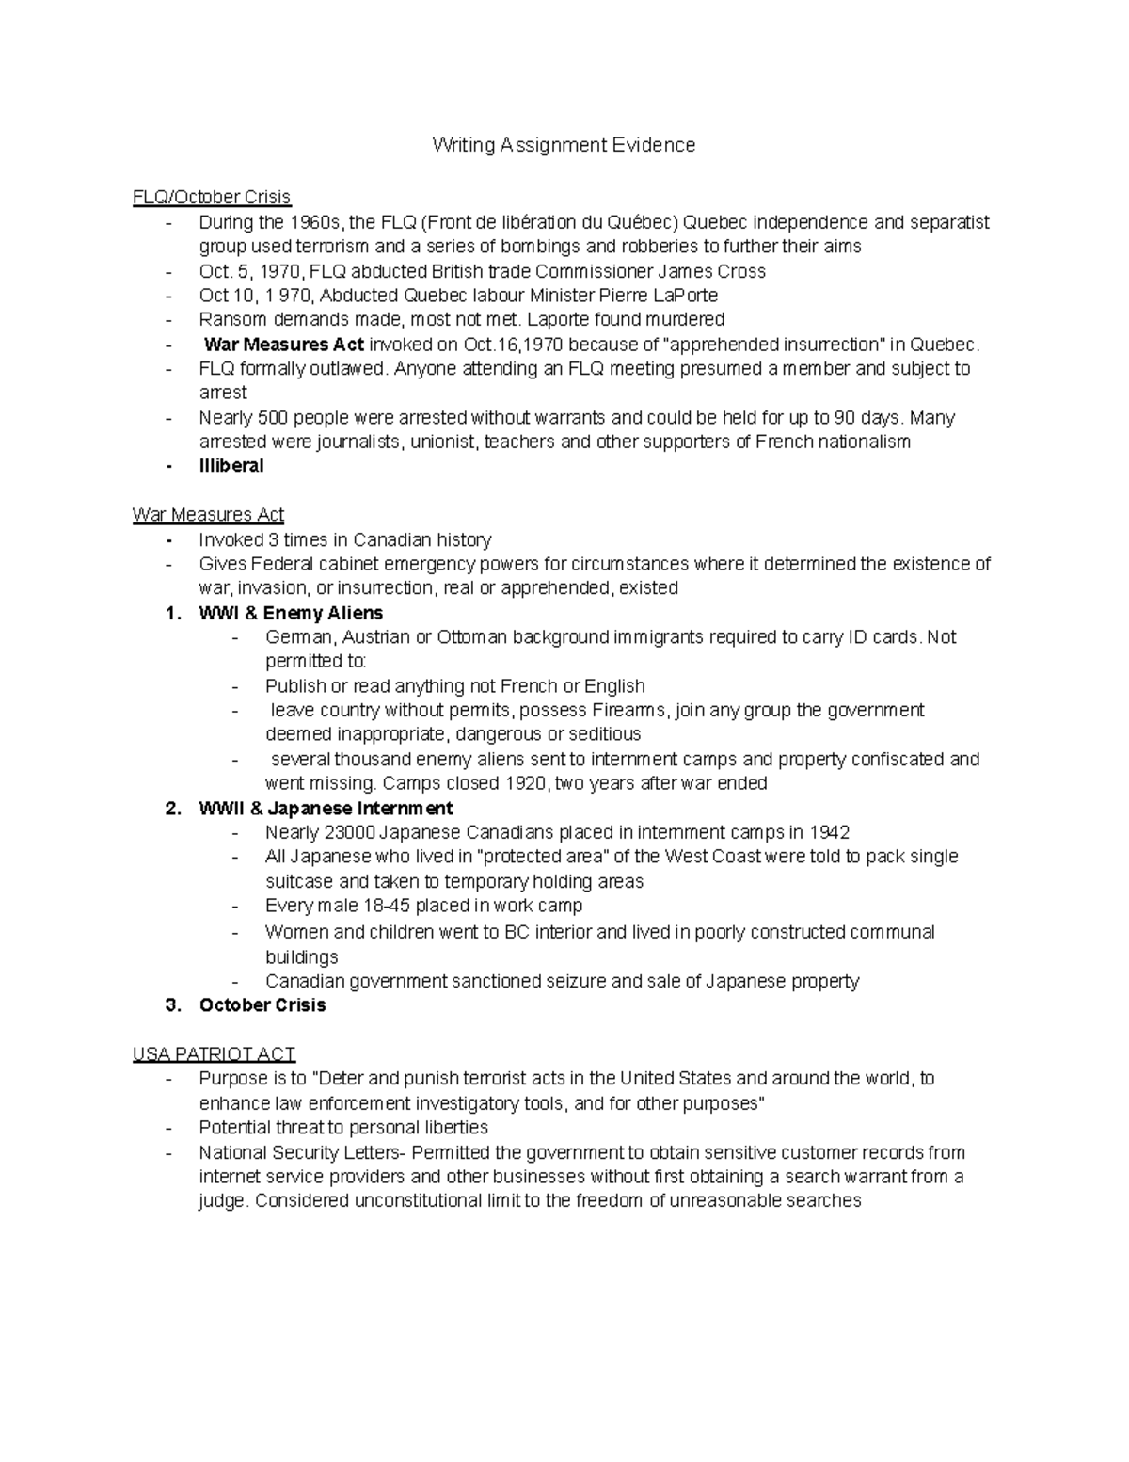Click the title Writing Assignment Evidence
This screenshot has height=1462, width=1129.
[564, 145]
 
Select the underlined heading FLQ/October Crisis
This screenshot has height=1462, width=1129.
[212, 197]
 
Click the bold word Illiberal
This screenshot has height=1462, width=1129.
[231, 466]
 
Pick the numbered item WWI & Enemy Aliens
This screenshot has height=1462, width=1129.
[291, 614]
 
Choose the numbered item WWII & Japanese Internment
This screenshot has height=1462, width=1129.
[326, 809]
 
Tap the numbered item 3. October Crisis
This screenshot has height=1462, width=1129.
[262, 1005]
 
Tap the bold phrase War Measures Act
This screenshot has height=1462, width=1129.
[283, 345]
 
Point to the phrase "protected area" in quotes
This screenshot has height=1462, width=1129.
[547, 857]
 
